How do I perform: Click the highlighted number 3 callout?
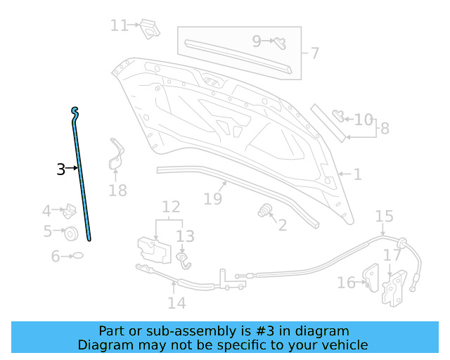click(61, 169)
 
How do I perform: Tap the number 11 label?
click(118, 25)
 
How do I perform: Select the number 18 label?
click(118, 190)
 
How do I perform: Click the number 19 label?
click(212, 199)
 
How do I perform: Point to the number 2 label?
click(283, 225)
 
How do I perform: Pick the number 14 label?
click(176, 302)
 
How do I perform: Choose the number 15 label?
click(384, 216)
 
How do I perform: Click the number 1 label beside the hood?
click(357, 174)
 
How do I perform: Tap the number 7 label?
click(314, 53)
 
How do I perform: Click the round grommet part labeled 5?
click(70, 233)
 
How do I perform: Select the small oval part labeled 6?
click(78, 257)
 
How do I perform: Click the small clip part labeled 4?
click(70, 210)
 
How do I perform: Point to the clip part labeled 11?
click(148, 28)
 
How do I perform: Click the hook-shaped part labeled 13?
click(183, 261)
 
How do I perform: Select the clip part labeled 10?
click(339, 114)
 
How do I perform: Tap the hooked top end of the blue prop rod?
click(75, 110)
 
